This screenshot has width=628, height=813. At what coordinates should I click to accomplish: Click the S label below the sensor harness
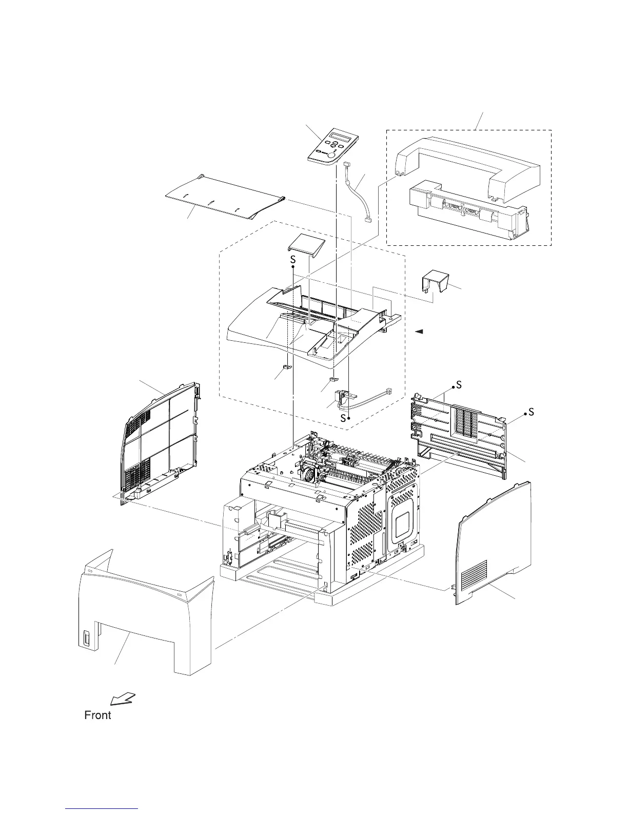pos(343,418)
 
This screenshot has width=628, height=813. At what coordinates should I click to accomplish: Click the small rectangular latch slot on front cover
pos(86,640)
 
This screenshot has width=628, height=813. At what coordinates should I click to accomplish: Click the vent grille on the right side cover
pos(474,574)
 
